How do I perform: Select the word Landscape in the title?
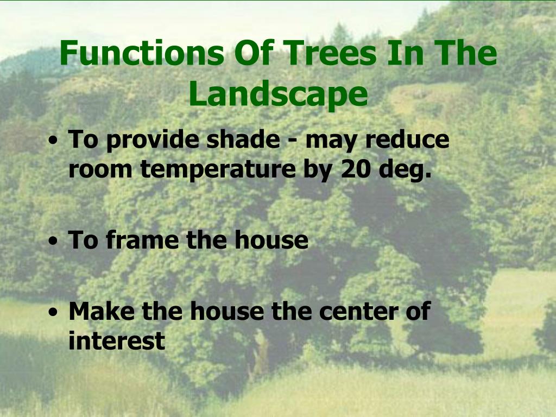[278, 94]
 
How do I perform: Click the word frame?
[144, 240]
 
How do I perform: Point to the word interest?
[116, 341]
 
